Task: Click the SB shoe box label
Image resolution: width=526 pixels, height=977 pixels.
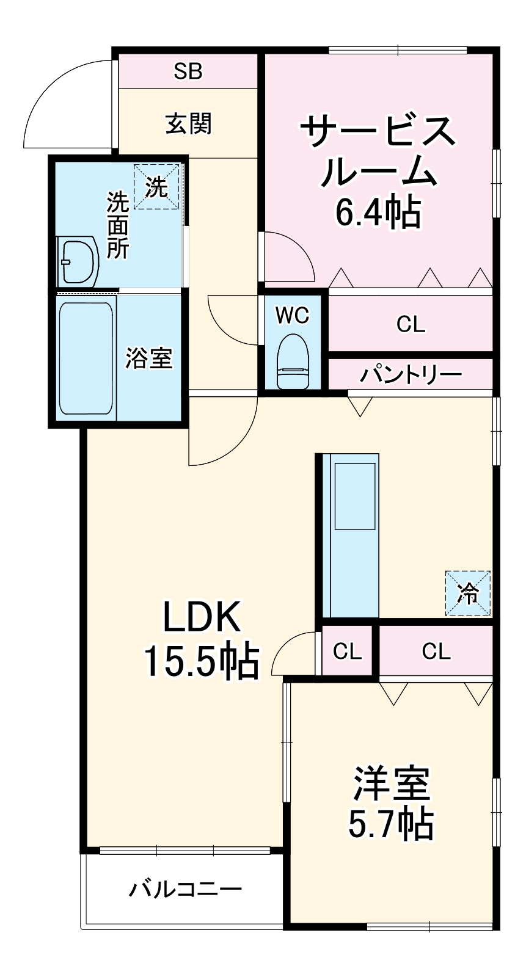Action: (188, 71)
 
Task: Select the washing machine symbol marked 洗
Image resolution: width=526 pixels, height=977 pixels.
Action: (156, 187)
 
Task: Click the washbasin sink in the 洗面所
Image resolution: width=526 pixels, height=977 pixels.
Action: (77, 262)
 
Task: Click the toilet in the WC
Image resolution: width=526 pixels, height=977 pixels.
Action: (293, 361)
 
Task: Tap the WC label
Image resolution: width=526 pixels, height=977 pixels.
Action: (292, 315)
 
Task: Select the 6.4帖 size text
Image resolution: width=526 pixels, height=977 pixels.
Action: (378, 213)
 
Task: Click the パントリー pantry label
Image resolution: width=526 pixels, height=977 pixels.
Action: (411, 374)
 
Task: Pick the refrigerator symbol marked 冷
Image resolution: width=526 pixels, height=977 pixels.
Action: (467, 593)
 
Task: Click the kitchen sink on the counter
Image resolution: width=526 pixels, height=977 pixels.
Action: (354, 496)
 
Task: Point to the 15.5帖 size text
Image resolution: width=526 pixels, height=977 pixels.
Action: (202, 661)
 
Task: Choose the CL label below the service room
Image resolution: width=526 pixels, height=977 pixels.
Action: (411, 324)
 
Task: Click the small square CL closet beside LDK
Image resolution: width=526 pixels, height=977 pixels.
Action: (347, 651)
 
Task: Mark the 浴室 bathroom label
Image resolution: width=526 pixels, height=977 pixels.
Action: (149, 358)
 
